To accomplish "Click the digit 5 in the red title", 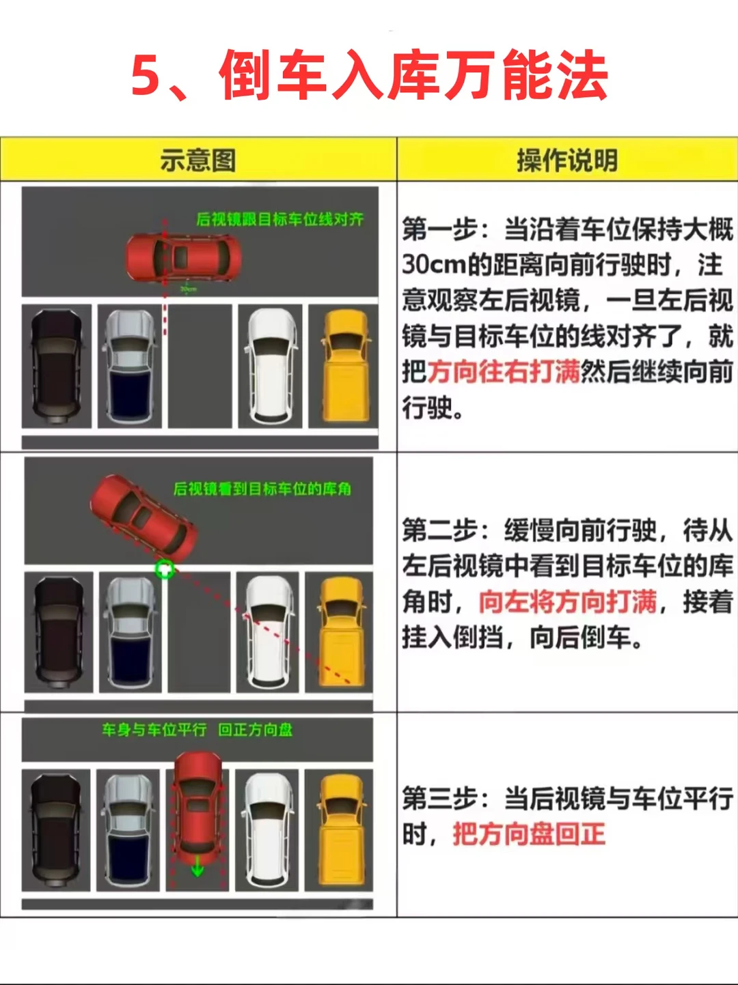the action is pyautogui.click(x=146, y=75).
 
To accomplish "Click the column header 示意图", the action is pyautogui.click(x=198, y=160).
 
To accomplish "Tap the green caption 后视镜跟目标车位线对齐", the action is pyautogui.click(x=279, y=219).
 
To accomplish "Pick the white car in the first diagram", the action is pyautogui.click(x=271, y=366).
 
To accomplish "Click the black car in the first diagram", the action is pyautogui.click(x=57, y=367).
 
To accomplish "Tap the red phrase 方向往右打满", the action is pyautogui.click(x=504, y=372).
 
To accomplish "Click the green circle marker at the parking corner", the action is pyautogui.click(x=165, y=569).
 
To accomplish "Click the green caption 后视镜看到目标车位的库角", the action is pyautogui.click(x=262, y=489).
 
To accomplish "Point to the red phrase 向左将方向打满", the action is pyautogui.click(x=568, y=602).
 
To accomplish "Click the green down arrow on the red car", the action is pyautogui.click(x=197, y=866).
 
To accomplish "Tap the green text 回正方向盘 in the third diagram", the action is pyautogui.click(x=255, y=730).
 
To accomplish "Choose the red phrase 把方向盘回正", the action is pyautogui.click(x=529, y=834).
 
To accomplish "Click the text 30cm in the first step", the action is pyautogui.click(x=433, y=265).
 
